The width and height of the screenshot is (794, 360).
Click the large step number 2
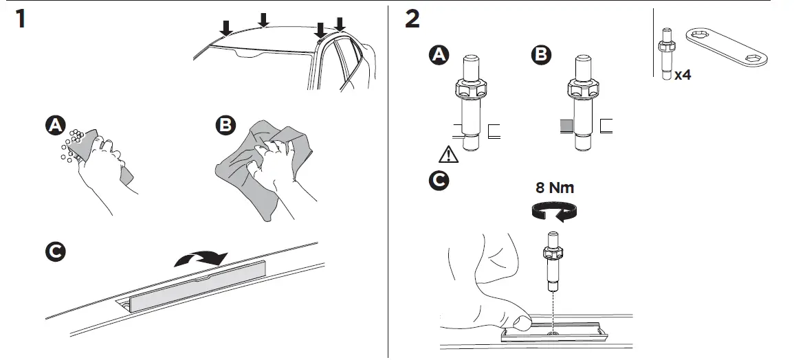pos(412,19)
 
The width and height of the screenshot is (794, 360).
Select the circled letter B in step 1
pos(225,126)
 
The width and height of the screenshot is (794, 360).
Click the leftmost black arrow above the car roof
pos(225,28)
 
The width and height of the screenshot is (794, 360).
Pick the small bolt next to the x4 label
pos(666,54)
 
